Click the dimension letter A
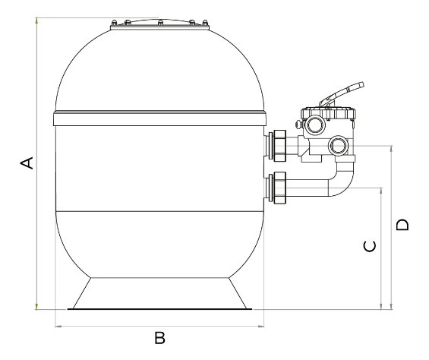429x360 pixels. pos(27,163)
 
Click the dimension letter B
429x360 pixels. pos(159,337)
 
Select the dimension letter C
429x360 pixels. pos(370,246)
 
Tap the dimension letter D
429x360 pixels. pos(402,225)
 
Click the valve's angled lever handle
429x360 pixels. pos(342,94)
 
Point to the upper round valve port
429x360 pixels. pos(314,125)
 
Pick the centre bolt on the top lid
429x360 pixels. pos(161,23)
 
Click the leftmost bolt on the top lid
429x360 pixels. pos(114,23)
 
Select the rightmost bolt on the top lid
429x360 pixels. pos(205,23)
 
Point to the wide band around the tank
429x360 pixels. pos(159,118)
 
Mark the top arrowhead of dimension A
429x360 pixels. pos(36,21)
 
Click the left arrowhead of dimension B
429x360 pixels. pos(58,326)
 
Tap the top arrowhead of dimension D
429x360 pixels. pos(392,149)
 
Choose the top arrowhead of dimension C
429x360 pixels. pos(381,191)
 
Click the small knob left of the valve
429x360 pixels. pos(298,125)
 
